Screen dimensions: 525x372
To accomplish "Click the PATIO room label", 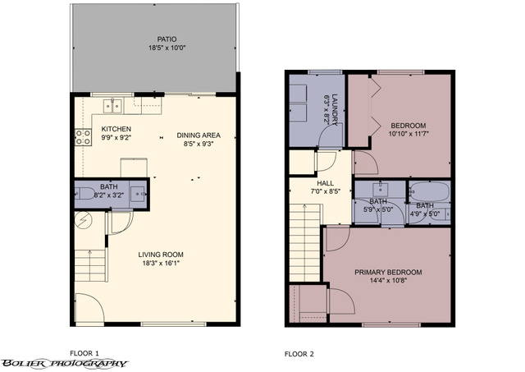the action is tap(167, 39).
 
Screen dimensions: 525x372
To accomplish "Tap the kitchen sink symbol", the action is tap(113, 106).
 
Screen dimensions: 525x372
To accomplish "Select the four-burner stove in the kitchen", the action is tap(83, 137).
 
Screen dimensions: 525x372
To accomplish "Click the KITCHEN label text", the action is tap(116, 129).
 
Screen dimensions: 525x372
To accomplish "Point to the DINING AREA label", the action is tap(199, 135).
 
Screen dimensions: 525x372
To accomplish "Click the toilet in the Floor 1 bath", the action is tap(85, 193).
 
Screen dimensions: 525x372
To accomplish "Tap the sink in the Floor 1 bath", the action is tap(138, 194).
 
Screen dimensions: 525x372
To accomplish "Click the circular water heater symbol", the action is tap(84, 220).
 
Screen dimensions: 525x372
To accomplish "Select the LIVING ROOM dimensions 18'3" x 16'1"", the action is tap(161, 263).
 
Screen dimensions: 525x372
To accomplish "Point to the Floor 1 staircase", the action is tap(90, 265).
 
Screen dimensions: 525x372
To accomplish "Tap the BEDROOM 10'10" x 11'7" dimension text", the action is tap(409, 134).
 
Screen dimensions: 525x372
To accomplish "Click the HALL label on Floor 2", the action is tap(325, 183).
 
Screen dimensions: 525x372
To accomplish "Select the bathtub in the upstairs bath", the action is tap(429, 191).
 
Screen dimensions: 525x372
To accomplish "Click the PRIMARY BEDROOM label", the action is tap(388, 272).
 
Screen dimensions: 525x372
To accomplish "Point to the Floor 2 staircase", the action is tap(305, 242).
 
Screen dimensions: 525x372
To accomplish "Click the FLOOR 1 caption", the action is tap(84, 353).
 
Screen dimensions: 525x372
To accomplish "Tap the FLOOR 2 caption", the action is tap(299, 354).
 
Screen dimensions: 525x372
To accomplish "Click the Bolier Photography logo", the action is tap(65, 363).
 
